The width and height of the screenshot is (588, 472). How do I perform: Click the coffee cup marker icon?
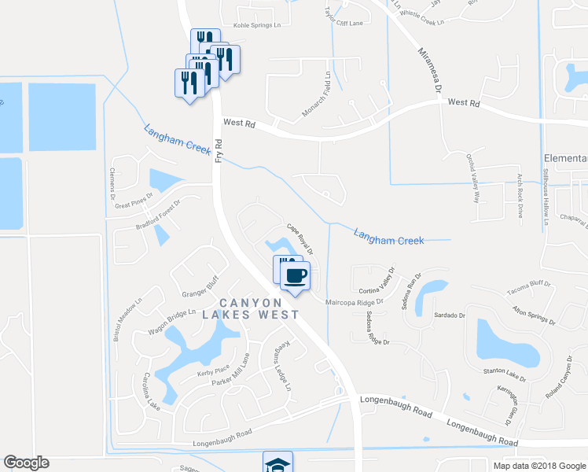tap(296, 276)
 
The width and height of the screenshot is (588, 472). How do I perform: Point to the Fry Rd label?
tap(219, 150)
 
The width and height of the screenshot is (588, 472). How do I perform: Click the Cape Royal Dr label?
tap(300, 240)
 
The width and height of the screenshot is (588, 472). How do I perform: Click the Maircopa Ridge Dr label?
tap(355, 301)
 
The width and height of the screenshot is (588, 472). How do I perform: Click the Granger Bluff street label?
tap(199, 289)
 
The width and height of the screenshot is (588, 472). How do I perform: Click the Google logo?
tap(26, 463)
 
